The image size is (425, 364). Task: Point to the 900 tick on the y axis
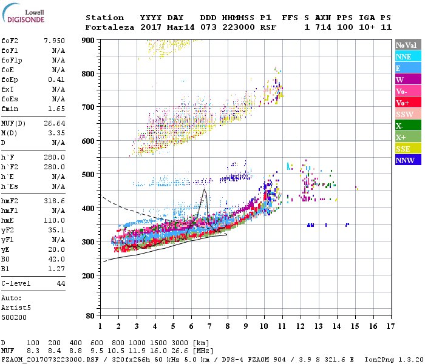[89, 40]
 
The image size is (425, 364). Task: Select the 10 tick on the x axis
[264, 326]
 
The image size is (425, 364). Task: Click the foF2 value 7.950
[54, 41]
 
